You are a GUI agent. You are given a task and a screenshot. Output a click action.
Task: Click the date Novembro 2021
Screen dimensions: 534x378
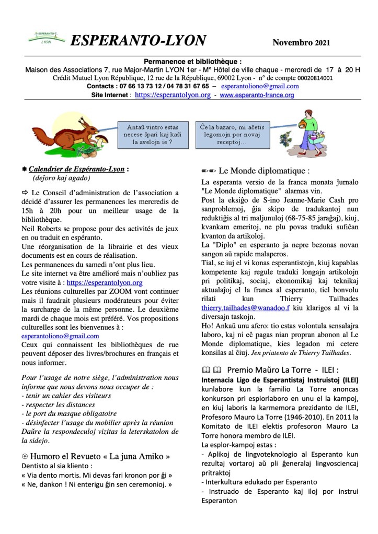(301, 42)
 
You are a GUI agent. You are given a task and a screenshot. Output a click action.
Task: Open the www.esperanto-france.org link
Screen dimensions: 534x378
(257, 95)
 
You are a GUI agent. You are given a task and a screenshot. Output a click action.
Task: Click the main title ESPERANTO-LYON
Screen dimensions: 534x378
(138, 40)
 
